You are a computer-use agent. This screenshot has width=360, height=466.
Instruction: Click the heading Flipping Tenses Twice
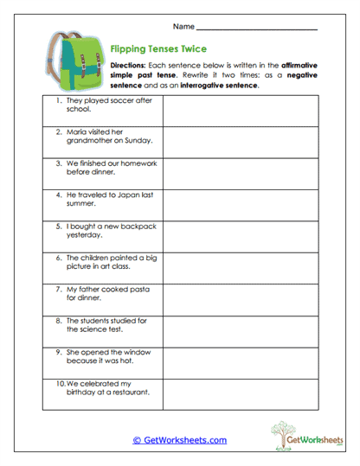157,49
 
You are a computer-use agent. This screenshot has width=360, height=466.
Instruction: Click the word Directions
129,65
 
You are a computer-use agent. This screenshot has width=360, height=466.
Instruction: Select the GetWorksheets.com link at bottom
179,439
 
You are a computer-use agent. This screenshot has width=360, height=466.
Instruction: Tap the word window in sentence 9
131,352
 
